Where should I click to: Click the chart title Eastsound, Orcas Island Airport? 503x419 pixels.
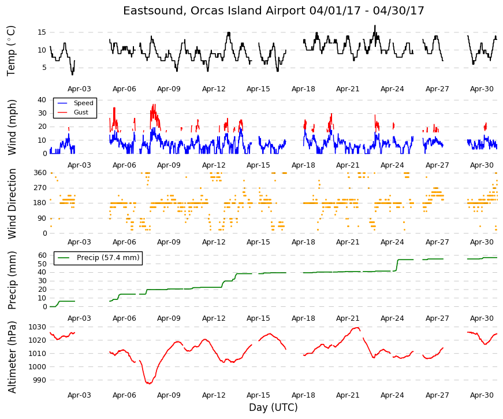pyautogui.click(x=214, y=11)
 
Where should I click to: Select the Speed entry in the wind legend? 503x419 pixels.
pyautogui.click(x=83, y=103)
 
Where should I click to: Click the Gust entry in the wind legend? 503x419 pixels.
pyautogui.click(x=81, y=112)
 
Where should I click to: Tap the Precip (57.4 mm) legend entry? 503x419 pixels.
pyautogui.click(x=108, y=258)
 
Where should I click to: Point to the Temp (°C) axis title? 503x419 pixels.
pyautogui.click(x=11, y=51)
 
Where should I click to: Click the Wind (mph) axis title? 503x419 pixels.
pyautogui.click(x=12, y=127)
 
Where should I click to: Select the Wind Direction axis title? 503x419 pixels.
pyautogui.click(x=12, y=203)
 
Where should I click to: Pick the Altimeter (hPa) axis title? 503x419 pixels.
pyautogui.click(x=12, y=357)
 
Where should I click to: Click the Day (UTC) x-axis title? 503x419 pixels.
pyautogui.click(x=273, y=407)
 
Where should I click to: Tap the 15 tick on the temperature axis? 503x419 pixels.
pyautogui.click(x=42, y=32)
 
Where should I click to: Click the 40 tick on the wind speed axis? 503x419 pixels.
pyautogui.click(x=42, y=100)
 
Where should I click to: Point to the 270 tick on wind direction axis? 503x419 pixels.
pyautogui.click(x=40, y=188)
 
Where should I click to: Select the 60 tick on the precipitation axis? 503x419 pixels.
pyautogui.click(x=42, y=255)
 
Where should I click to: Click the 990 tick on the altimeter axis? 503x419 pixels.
pyautogui.click(x=40, y=380)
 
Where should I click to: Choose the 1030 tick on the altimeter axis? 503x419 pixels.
pyautogui.click(x=38, y=327)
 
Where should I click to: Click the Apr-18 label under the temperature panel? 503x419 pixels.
pyautogui.click(x=303, y=89)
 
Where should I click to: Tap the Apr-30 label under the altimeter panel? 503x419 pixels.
pyautogui.click(x=482, y=395)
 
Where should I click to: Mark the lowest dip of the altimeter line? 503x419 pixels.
pyautogui.click(x=149, y=383)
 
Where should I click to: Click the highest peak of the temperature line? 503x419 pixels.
pyautogui.click(x=375, y=25)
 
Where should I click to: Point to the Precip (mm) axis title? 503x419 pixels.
pyautogui.click(x=12, y=280)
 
